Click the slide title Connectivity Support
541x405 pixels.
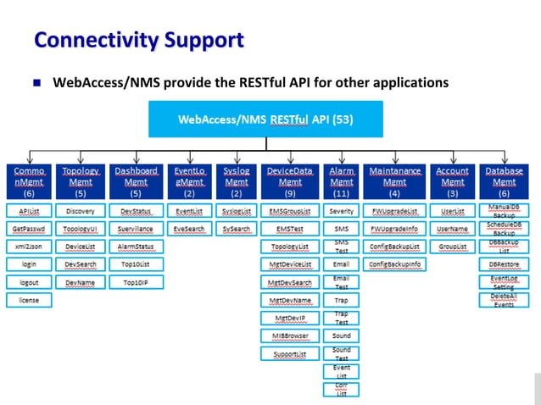139,40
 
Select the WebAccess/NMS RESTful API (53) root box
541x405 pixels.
265,119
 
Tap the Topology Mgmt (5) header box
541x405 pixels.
80,181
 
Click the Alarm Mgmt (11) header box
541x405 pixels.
342,181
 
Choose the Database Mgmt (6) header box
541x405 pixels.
504,181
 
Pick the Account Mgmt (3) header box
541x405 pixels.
452,181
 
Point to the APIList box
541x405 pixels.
30,211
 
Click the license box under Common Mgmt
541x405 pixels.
30,300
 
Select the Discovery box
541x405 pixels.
80,211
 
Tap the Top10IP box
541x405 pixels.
135,282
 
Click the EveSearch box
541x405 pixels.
188,229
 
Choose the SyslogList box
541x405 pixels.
237,211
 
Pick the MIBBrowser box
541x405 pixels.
290,336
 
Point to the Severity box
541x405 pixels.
342,211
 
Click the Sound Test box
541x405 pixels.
342,353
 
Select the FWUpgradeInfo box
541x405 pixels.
394,229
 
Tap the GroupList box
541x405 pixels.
452,247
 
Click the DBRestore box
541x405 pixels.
504,264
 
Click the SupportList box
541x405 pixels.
290,353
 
